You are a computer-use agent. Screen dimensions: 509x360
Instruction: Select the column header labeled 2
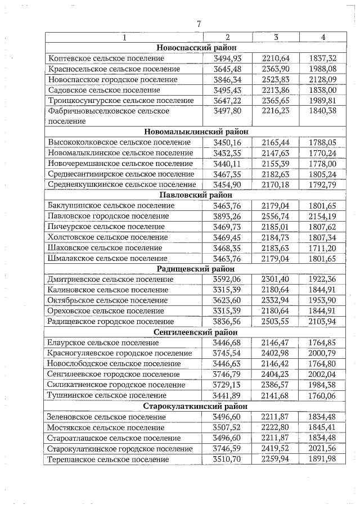[228, 38]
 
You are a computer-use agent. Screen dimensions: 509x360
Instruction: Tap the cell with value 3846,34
[228, 79]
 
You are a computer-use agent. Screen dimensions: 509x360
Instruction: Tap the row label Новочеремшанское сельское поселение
[120, 163]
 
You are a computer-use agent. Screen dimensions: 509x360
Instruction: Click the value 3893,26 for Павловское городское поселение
[228, 216]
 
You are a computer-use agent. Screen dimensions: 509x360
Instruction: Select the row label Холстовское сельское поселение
[108, 237]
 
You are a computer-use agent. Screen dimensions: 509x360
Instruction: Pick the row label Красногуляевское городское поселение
[120, 353]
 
